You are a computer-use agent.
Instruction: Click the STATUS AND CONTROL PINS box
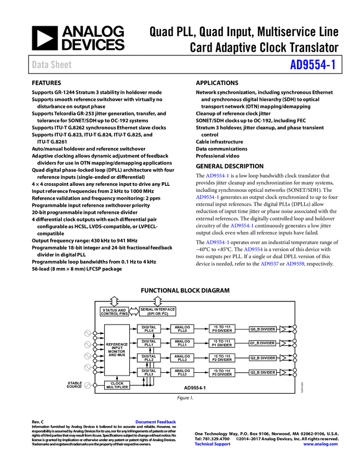[114, 311]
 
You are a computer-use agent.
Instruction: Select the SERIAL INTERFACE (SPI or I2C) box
[158, 311]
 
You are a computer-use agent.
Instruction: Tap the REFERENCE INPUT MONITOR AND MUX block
[117, 350]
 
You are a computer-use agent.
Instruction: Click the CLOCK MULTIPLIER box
[117, 385]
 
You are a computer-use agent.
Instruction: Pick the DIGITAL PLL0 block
[149, 329]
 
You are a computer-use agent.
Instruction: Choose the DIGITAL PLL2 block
[149, 358]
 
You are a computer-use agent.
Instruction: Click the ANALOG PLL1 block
[182, 343]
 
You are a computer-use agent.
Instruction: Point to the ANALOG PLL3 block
[182, 373]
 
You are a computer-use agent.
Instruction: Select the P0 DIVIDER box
[222, 329]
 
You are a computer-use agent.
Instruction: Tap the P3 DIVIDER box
[222, 373]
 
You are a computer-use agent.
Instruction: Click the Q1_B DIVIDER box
[262, 343]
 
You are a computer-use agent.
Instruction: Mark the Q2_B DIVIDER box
[262, 358]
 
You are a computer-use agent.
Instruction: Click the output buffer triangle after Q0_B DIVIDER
[283, 329]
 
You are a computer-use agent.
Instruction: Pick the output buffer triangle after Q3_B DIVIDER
[283, 373]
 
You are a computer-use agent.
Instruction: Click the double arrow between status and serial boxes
[134, 311]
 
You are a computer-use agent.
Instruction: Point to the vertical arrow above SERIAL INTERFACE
[158, 301]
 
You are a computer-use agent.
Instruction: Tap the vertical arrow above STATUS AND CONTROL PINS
[114, 301]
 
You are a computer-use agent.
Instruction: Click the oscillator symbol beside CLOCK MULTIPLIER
[87, 385]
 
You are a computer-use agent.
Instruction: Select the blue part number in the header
[312, 65]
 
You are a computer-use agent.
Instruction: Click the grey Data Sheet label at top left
[52, 65]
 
